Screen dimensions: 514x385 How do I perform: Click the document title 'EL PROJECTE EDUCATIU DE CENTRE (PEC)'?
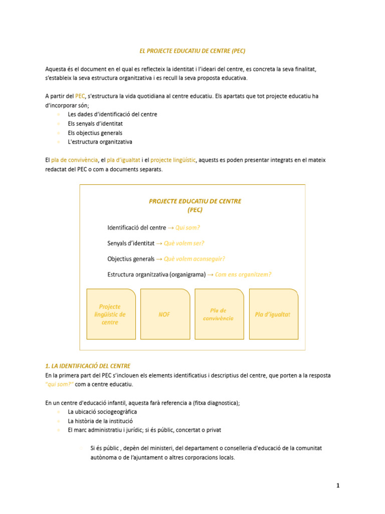[192, 51]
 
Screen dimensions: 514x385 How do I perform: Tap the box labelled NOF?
[164, 314]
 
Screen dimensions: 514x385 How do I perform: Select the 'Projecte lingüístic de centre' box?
[111, 314]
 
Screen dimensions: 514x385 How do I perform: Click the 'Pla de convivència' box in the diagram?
[218, 314]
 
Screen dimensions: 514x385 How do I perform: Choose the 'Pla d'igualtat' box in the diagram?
[273, 314]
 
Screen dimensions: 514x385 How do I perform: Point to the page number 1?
[338, 485]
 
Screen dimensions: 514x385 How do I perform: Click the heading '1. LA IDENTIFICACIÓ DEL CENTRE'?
[88, 366]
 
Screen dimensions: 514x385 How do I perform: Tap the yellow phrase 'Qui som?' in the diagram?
[187, 227]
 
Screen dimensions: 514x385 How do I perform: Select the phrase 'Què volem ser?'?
[184, 243]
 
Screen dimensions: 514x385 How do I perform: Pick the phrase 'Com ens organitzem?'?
[243, 274]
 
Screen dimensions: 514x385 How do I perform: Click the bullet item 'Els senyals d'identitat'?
[95, 123]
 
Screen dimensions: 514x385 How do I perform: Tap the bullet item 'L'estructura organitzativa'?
[100, 142]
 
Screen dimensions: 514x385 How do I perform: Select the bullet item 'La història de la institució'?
[100, 421]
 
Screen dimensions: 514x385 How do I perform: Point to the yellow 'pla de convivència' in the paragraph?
[75, 160]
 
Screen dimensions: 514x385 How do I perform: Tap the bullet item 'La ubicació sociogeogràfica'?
[102, 412]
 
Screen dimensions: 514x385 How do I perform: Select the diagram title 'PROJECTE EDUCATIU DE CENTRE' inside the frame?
[195, 201]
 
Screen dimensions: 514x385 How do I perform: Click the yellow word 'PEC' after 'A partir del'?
[80, 96]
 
